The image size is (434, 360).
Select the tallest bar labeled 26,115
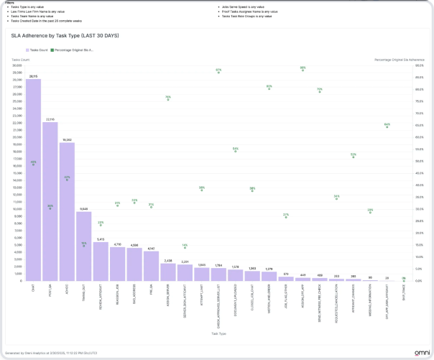click(33, 180)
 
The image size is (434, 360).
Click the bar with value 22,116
click(50, 201)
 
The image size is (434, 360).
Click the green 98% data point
click(303, 69)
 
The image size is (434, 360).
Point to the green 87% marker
click(218, 71)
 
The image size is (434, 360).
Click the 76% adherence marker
click(168, 98)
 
